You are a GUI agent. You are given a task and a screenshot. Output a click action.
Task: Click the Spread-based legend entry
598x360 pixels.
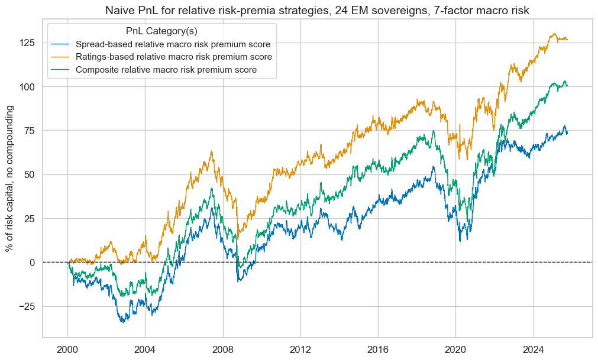[x=173, y=44]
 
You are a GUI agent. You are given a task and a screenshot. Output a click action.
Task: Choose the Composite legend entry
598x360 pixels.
[x=166, y=70]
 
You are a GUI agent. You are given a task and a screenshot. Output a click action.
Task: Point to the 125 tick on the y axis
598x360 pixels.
[x=28, y=43]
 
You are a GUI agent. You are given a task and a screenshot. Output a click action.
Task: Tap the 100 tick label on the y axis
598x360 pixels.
[x=28, y=87]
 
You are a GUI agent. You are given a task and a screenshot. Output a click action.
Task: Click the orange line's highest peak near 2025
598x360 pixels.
[x=554, y=34]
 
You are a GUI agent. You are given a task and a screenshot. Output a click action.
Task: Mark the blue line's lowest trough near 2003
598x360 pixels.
[x=122, y=322]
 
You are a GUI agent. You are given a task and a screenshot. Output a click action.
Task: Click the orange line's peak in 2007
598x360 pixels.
[x=211, y=151]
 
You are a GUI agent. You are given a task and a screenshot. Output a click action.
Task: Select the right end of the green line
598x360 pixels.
[x=567, y=85]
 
